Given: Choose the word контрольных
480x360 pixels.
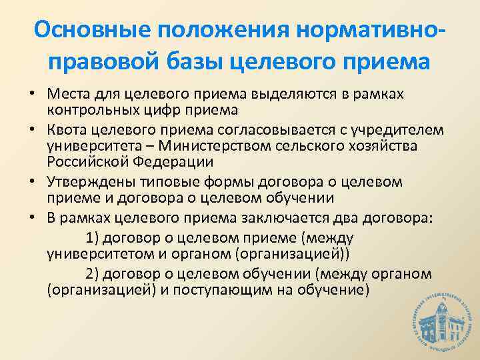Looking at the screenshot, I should coord(91,109).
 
